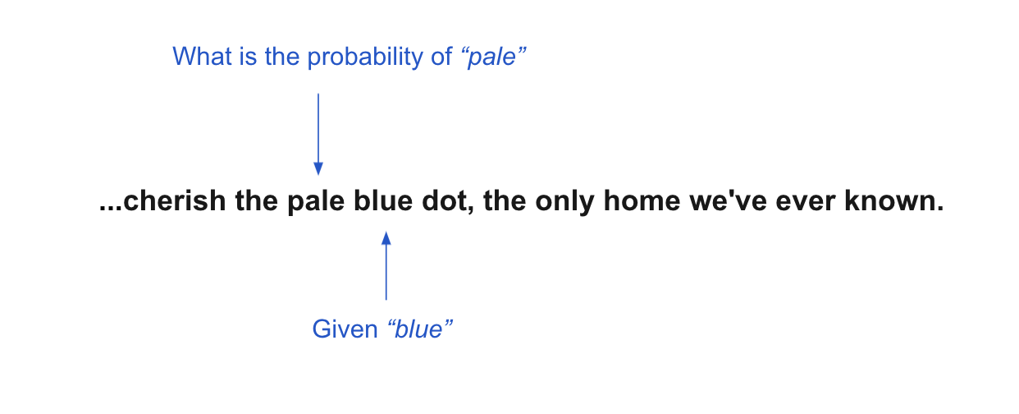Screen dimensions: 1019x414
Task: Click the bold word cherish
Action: coord(174,201)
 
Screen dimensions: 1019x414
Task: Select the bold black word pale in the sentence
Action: coord(316,202)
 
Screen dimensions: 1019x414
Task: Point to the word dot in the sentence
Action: coord(445,201)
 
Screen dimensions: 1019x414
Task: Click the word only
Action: coord(564,202)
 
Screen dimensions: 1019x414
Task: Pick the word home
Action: coord(642,201)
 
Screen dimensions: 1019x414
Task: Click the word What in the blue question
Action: coord(203,57)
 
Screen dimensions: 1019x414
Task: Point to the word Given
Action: coord(345,329)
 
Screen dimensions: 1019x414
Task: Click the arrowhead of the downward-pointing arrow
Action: coord(318,168)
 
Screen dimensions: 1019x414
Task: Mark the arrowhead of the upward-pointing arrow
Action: coord(386,238)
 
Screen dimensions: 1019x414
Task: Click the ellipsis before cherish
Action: coord(111,209)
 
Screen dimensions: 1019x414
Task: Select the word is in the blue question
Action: coord(248,57)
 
